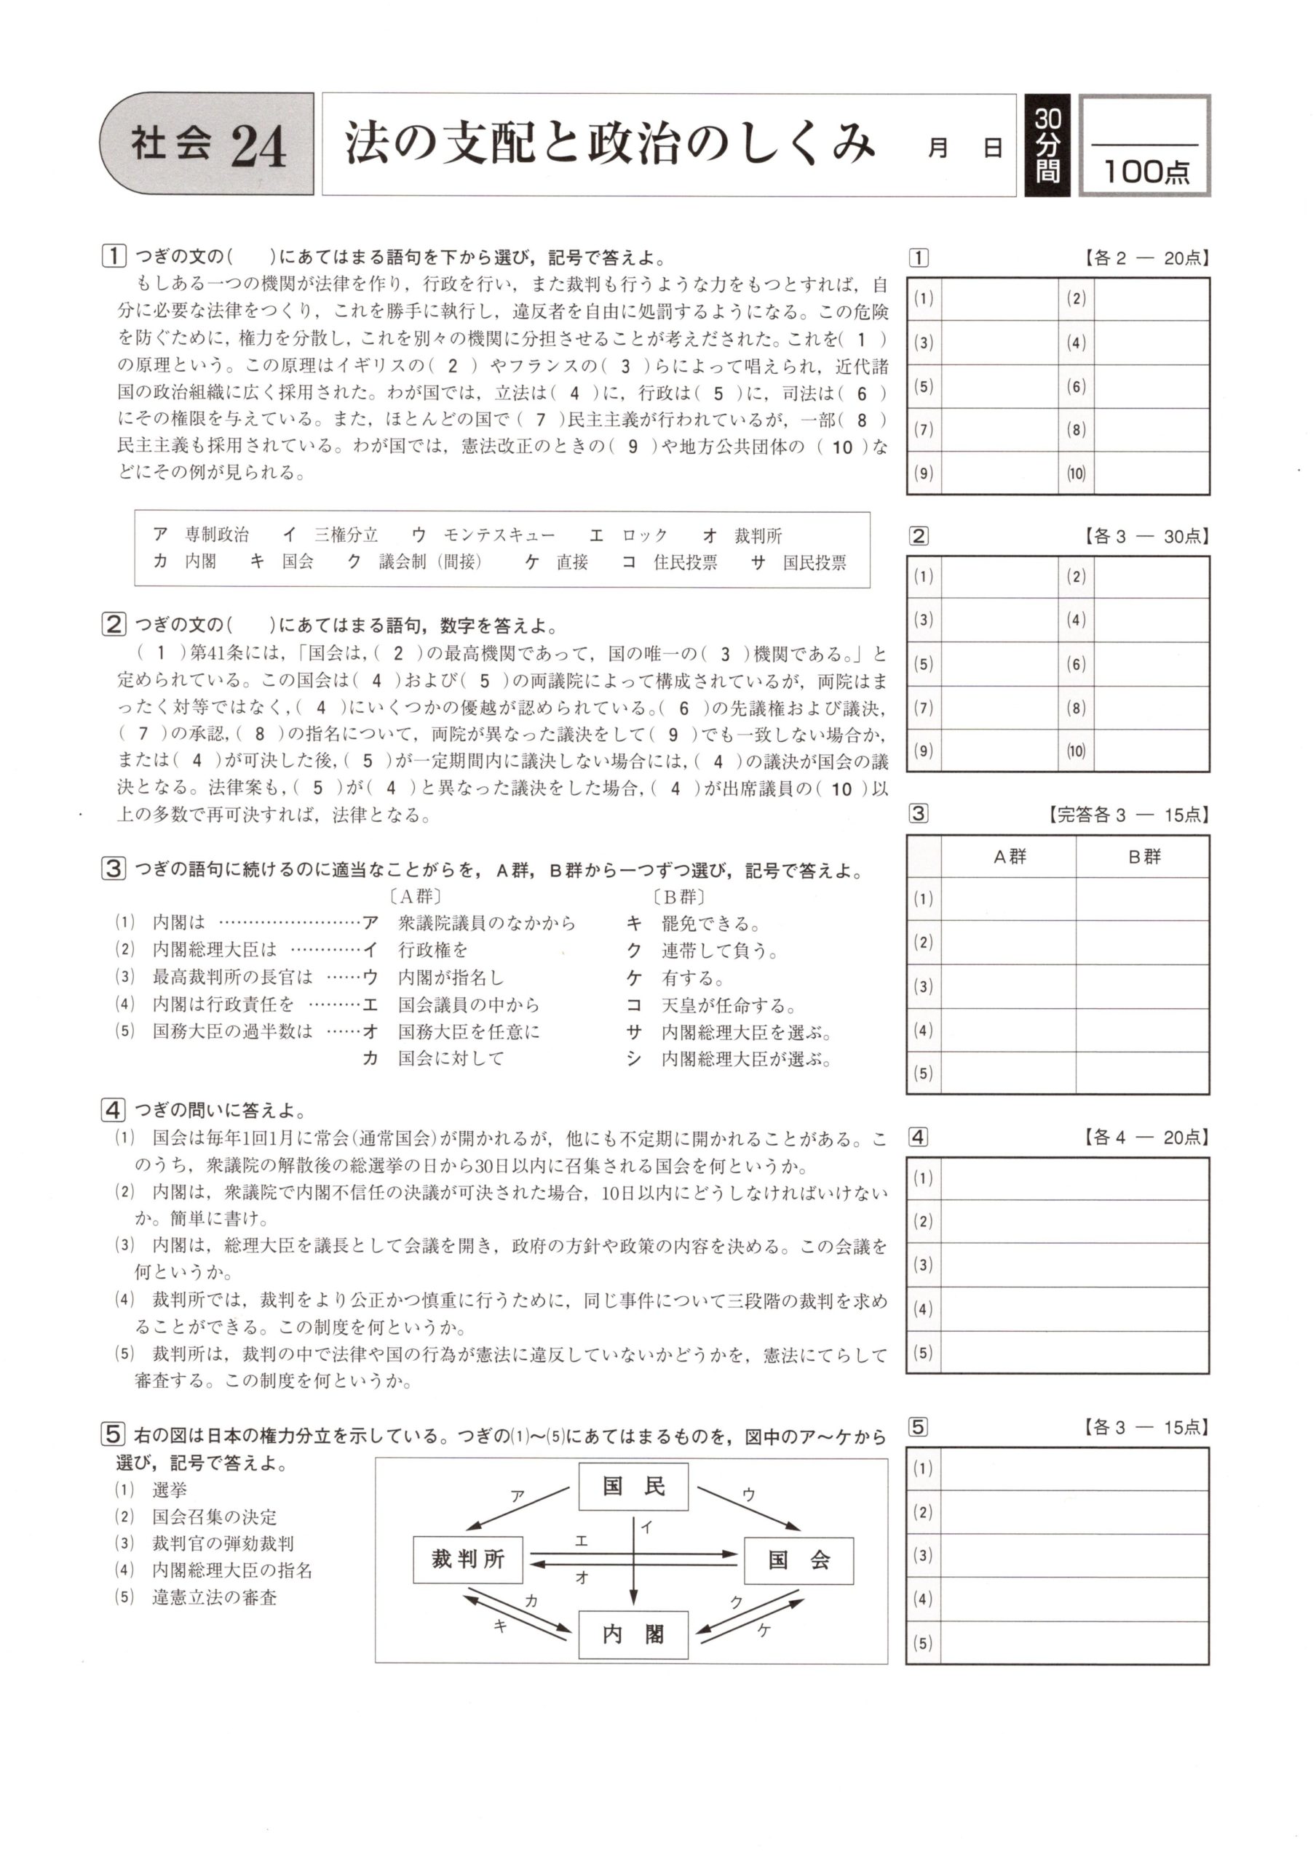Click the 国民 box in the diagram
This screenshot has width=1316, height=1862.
pyautogui.click(x=633, y=1487)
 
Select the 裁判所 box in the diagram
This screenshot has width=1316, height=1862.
pyautogui.click(x=468, y=1559)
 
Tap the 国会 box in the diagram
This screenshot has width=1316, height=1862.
pyautogui.click(x=798, y=1560)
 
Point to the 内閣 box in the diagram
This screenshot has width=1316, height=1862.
pyautogui.click(x=633, y=1634)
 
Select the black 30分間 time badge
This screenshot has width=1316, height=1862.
pyautogui.click(x=1047, y=145)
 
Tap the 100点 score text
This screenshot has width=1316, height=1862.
pyautogui.click(x=1146, y=171)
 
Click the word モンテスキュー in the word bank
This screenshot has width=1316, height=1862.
pyautogui.click(x=499, y=535)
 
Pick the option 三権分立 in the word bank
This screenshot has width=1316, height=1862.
pyautogui.click(x=346, y=535)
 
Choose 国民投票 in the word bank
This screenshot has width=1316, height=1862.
pyautogui.click(x=814, y=562)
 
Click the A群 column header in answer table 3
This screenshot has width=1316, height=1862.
pyautogui.click(x=1010, y=856)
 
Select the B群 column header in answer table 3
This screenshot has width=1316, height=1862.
pyautogui.click(x=1143, y=856)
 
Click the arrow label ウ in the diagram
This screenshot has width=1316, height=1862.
pyautogui.click(x=748, y=1494)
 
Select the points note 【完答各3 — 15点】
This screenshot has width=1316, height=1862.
pyautogui.click(x=1127, y=814)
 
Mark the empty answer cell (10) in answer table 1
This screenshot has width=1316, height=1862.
pyautogui.click(x=1151, y=473)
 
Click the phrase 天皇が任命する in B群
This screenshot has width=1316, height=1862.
pyautogui.click(x=728, y=1004)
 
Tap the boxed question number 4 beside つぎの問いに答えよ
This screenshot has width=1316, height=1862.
pyautogui.click(x=113, y=1109)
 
